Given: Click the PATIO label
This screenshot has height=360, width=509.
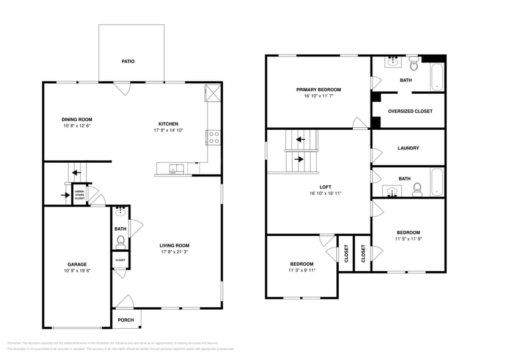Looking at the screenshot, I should [127, 62].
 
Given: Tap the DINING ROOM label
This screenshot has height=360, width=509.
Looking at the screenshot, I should [77, 119].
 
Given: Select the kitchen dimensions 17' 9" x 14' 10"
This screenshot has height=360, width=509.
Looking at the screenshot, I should [168, 130].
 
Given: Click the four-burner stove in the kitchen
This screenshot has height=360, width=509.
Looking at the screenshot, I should [214, 138].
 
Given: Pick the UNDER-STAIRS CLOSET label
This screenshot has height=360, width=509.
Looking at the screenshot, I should [80, 195].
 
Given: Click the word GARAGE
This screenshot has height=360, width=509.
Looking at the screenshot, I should [77, 264].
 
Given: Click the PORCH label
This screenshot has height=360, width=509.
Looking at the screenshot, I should [126, 320].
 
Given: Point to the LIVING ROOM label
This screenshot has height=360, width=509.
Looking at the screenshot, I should [175, 245].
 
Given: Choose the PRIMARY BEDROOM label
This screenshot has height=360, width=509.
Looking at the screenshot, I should [319, 89].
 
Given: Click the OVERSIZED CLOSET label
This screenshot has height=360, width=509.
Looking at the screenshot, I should [410, 111].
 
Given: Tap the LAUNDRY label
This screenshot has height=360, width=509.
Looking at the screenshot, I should [408, 148].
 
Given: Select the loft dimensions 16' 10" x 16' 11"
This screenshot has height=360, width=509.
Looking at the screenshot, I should [325, 193].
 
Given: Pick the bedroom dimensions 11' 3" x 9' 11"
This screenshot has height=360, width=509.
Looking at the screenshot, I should [302, 270].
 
